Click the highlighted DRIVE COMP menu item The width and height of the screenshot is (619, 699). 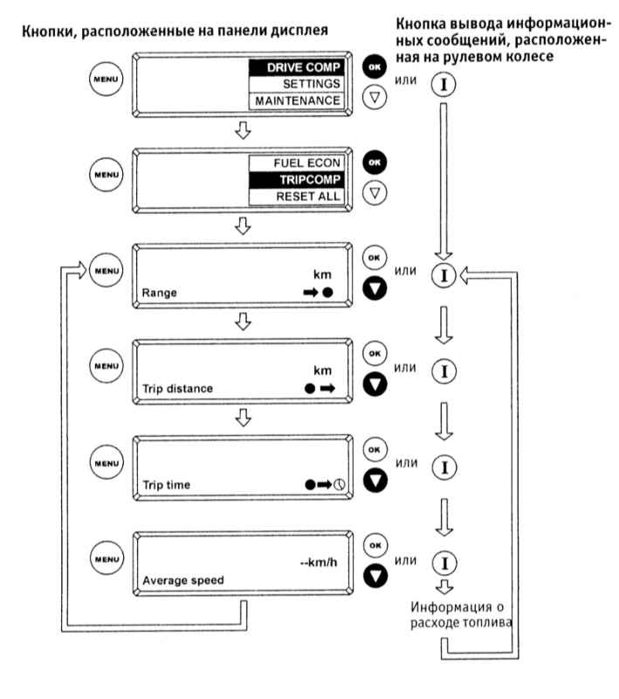coord(297,68)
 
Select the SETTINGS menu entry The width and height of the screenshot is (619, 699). coord(297,84)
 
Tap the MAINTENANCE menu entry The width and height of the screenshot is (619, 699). coord(297,100)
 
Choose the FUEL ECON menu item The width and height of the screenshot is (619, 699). coord(297,163)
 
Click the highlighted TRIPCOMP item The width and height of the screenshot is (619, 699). coord(297,180)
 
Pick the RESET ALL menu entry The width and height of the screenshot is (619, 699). coord(297,197)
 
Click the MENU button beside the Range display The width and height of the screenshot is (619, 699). coord(106,270)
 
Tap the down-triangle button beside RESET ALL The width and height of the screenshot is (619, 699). coord(375,193)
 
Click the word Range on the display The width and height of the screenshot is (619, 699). coord(160,293)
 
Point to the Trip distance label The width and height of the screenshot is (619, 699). coord(178,389)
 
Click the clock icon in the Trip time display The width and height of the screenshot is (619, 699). coord(340,484)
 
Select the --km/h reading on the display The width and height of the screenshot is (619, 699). coord(319,563)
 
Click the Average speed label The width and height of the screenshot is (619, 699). coord(183,580)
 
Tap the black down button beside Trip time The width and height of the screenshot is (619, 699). coord(375,481)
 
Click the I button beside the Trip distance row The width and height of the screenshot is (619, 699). coord(444,370)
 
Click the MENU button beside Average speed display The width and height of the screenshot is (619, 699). coord(107,558)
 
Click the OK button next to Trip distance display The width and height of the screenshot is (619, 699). coord(375,354)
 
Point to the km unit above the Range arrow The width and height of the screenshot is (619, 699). coord(322,274)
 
